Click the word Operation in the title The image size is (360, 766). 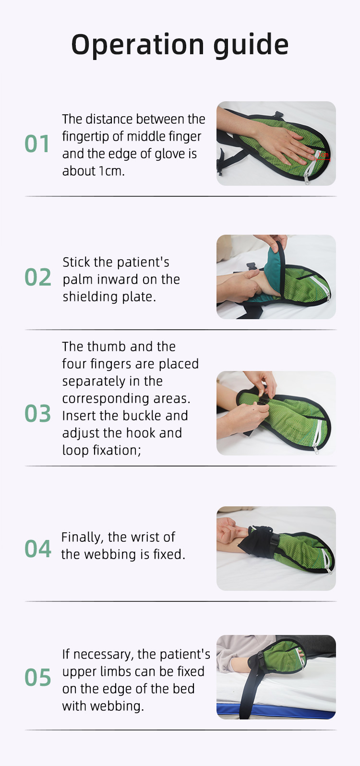[x=138, y=45]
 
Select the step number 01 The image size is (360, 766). [x=37, y=144]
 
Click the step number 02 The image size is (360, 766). [x=37, y=277]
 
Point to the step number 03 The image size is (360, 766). [x=37, y=413]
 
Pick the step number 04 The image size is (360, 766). [x=37, y=549]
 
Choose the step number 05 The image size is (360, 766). [x=37, y=677]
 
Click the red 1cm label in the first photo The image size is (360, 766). [x=324, y=155]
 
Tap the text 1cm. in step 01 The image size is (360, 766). [x=111, y=171]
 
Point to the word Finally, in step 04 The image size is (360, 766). [x=83, y=537]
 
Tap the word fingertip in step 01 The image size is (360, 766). [x=85, y=136]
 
